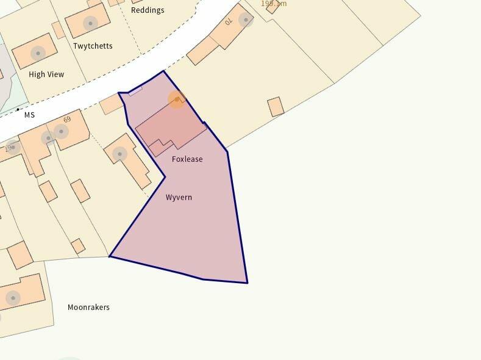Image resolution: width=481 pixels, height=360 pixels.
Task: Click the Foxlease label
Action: point(187,159)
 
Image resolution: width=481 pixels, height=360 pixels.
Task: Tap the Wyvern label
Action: point(179,198)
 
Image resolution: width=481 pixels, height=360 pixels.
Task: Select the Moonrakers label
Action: point(88,308)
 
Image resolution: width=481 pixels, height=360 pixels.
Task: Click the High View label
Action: point(46,74)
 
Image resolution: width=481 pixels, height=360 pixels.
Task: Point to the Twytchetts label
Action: point(93,46)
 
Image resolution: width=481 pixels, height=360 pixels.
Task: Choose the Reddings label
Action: point(148,10)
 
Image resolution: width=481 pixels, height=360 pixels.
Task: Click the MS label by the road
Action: point(29,115)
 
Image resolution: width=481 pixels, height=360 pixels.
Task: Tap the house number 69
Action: point(67,120)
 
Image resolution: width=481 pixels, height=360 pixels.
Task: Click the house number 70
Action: point(229,22)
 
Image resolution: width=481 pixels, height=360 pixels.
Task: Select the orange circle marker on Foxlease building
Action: point(177,99)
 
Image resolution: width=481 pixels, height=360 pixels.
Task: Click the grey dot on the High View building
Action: point(38,53)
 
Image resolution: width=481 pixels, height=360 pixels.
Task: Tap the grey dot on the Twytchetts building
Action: point(90,24)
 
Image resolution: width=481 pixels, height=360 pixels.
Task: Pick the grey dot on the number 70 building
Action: point(246,20)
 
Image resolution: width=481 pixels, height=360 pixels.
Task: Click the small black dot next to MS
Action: point(18,110)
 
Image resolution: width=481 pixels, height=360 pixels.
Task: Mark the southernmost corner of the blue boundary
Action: point(247,283)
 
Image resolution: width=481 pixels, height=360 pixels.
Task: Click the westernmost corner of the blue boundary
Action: point(110,256)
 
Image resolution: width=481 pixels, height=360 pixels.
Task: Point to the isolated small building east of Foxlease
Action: point(276,107)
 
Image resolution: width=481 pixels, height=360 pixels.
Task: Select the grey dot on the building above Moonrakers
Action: point(13,298)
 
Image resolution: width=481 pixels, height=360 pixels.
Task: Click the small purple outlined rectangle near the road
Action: point(135,91)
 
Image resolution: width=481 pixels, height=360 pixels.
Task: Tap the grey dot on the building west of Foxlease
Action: point(120,154)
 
